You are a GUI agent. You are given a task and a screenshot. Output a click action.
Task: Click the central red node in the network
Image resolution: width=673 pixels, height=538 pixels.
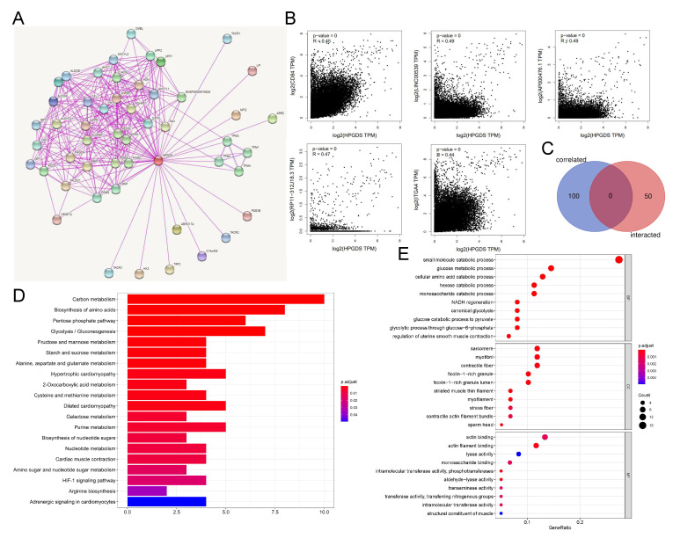[158, 160]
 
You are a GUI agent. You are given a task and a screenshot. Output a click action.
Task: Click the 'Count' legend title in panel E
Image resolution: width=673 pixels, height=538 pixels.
[645, 396]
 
